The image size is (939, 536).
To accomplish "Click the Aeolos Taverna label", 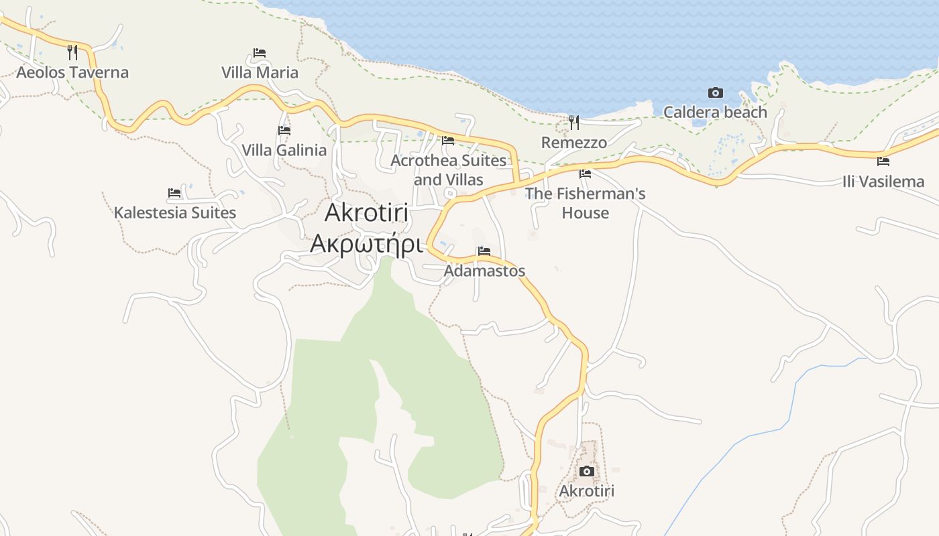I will (x=72, y=72).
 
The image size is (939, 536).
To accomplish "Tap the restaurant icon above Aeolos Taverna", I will (x=72, y=52).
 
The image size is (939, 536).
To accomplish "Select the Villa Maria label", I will (x=260, y=72).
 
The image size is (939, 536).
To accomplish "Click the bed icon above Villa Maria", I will (x=260, y=52).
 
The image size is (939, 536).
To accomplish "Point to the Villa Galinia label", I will (x=284, y=150).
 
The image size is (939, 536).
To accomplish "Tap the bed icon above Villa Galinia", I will (x=284, y=130).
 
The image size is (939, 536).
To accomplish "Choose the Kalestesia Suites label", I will (x=174, y=213).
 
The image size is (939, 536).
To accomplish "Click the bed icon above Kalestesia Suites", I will (x=174, y=193).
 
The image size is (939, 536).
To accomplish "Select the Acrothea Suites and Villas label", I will (x=448, y=170).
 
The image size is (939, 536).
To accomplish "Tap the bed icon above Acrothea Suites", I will (x=448, y=140).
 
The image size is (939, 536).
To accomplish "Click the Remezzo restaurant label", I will (x=574, y=143).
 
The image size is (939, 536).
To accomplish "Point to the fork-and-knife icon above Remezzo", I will (x=574, y=122).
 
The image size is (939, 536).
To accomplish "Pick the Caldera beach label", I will (x=715, y=113).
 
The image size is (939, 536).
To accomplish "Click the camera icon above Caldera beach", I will (x=716, y=92).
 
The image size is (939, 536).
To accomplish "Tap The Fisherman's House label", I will (x=585, y=203).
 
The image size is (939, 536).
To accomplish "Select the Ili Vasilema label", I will (x=883, y=182).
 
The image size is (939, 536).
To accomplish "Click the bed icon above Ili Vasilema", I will (x=883, y=161).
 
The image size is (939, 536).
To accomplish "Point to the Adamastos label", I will (x=484, y=271).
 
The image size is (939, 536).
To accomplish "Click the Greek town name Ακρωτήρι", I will (x=366, y=243).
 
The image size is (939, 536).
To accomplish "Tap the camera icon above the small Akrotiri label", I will (x=587, y=471).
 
